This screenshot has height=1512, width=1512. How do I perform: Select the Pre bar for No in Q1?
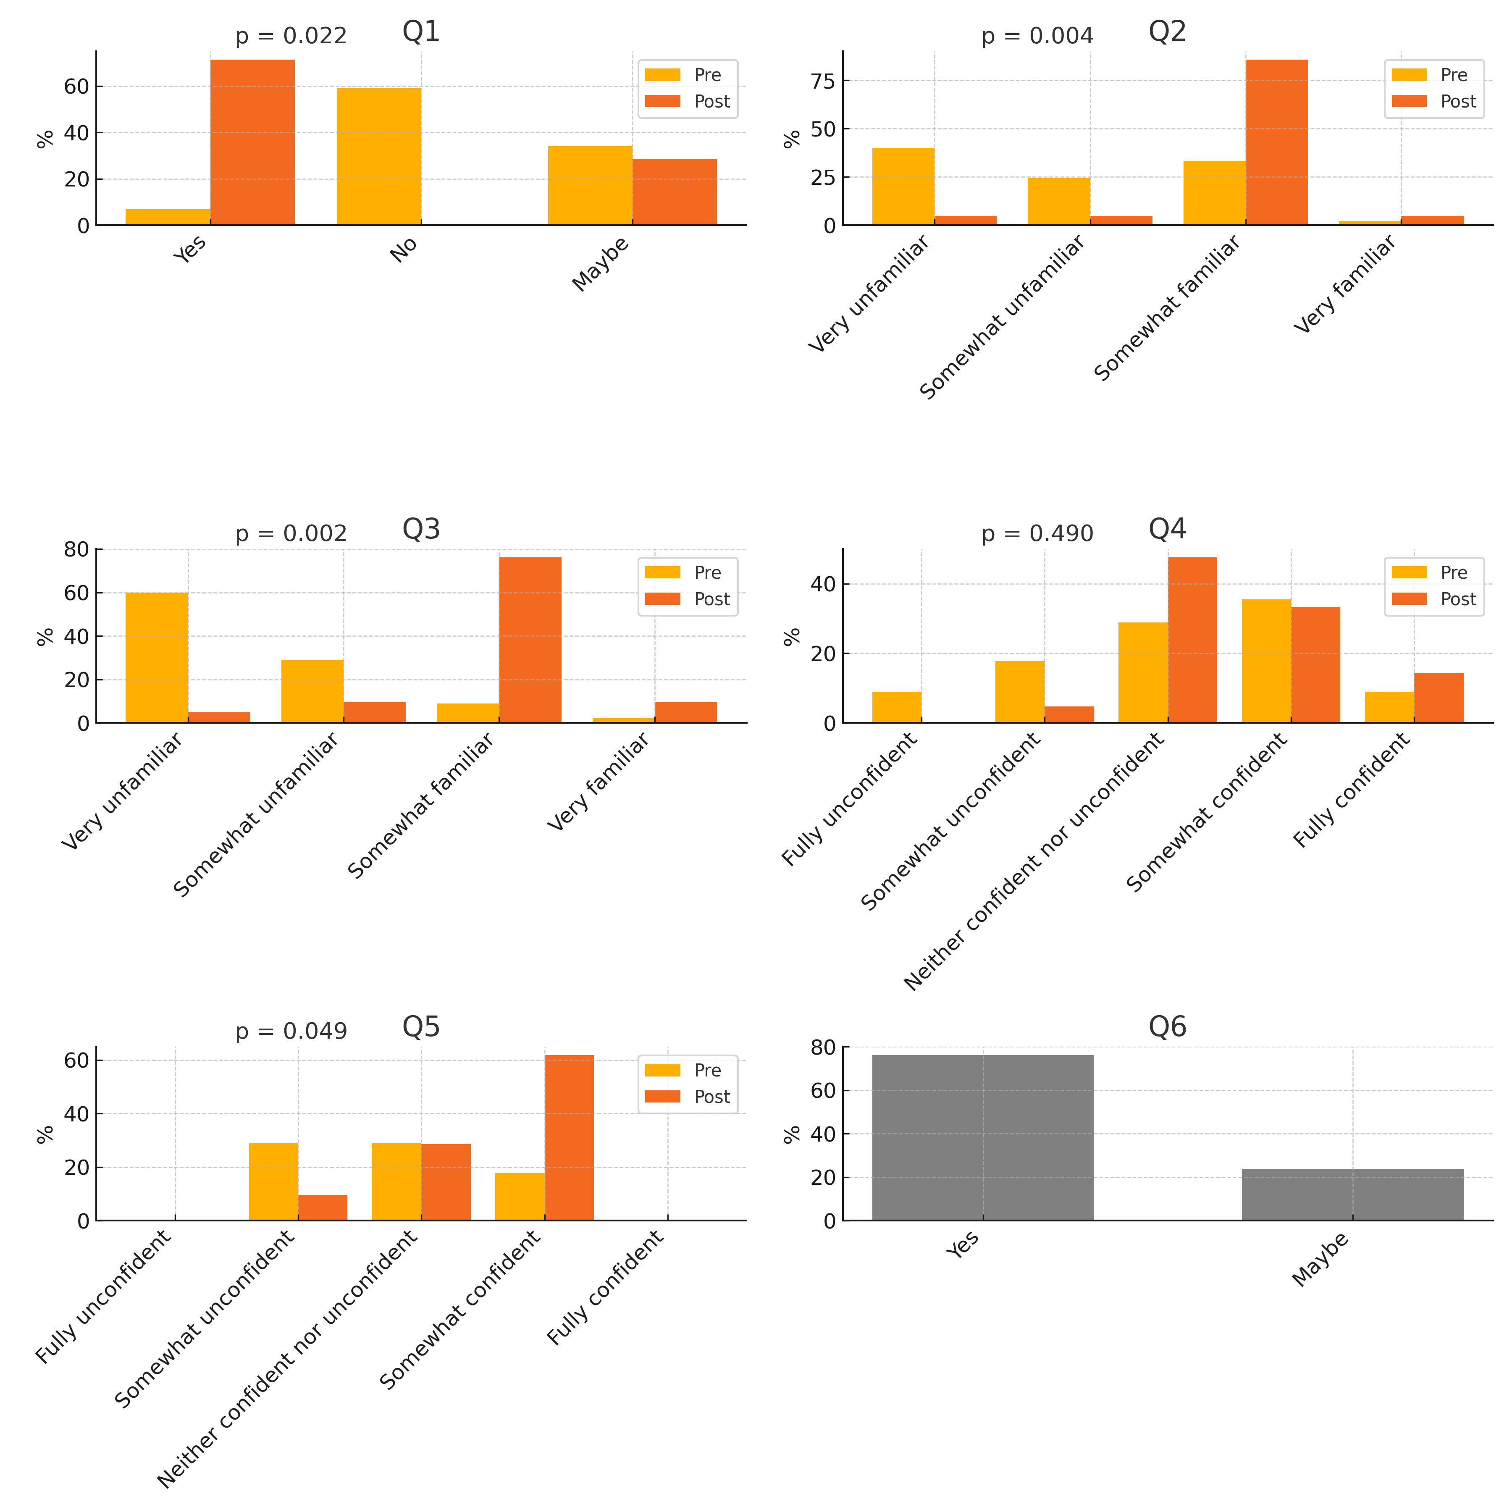(379, 157)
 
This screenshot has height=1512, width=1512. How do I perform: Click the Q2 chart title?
(1167, 31)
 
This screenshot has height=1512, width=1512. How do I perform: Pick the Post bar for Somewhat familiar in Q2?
(1276, 142)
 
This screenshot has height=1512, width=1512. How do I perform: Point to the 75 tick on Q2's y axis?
(823, 81)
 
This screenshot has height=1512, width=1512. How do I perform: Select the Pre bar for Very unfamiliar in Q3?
(157, 657)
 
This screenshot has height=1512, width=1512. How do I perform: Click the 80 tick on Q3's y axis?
(77, 549)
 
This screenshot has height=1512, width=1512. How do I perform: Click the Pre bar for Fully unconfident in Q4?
(897, 707)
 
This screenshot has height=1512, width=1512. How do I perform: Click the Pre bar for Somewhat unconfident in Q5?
(273, 1182)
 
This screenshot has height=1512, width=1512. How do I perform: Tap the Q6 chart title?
(1167, 1027)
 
